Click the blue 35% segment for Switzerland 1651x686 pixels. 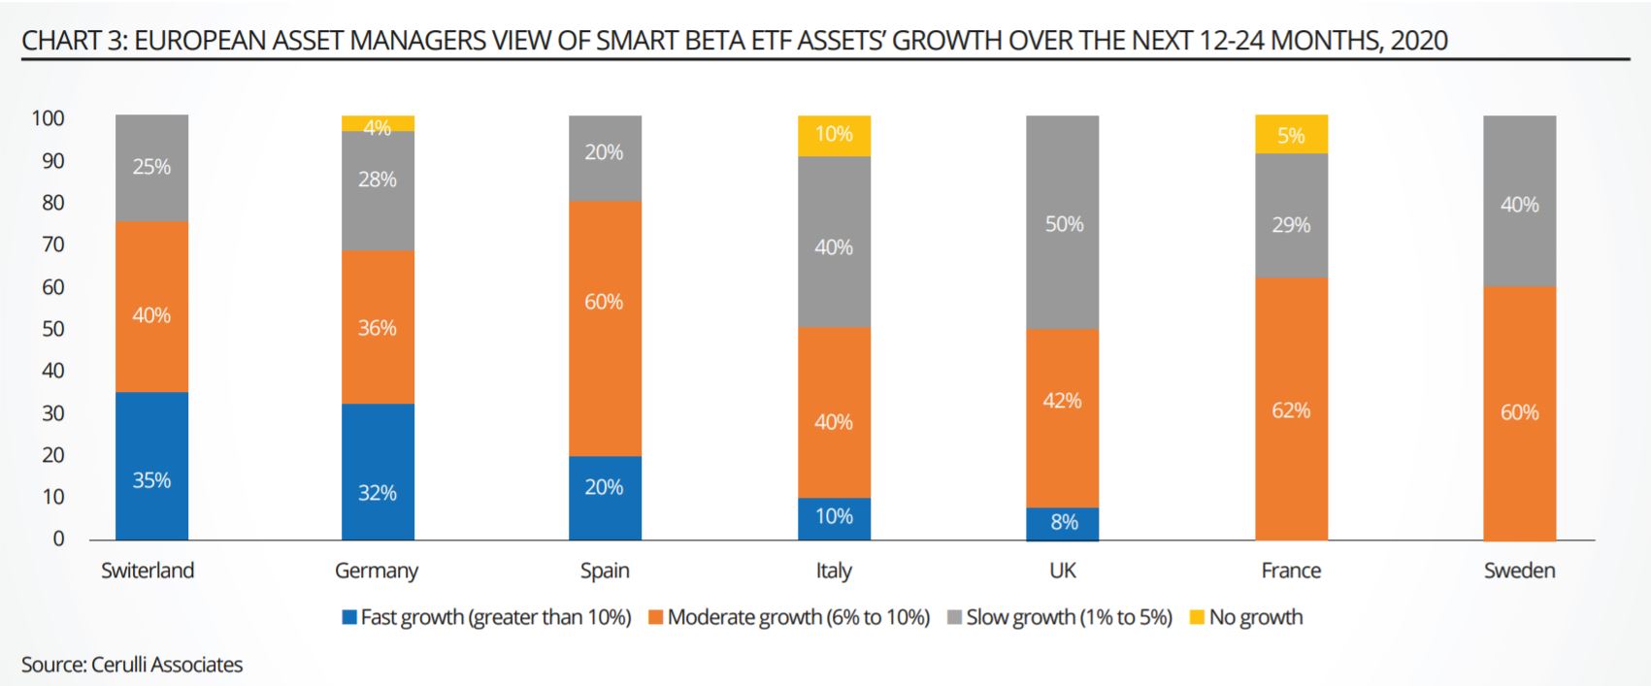pyautogui.click(x=151, y=466)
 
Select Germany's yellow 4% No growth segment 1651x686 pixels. pyautogui.click(x=378, y=124)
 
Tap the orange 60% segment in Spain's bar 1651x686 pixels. pyautogui.click(x=605, y=328)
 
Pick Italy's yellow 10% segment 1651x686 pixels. pyautogui.click(x=834, y=136)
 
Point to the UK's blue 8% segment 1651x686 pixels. pyautogui.click(x=1062, y=523)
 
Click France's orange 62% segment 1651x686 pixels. pyautogui.click(x=1291, y=408)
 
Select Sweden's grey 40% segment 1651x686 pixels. pyautogui.click(x=1519, y=201)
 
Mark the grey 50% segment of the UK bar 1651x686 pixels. pyautogui.click(x=1062, y=222)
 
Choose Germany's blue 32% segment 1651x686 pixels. pyautogui.click(x=378, y=472)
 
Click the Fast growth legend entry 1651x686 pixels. pyautogui.click(x=486, y=617)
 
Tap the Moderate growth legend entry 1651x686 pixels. pyautogui.click(x=788, y=617)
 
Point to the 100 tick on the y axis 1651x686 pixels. pyautogui.click(x=48, y=118)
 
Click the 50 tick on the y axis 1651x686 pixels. pyautogui.click(x=52, y=329)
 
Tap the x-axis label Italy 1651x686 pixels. pyautogui.click(x=834, y=571)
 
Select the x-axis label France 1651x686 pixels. pyautogui.click(x=1291, y=571)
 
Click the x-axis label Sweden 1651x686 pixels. pyautogui.click(x=1519, y=571)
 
